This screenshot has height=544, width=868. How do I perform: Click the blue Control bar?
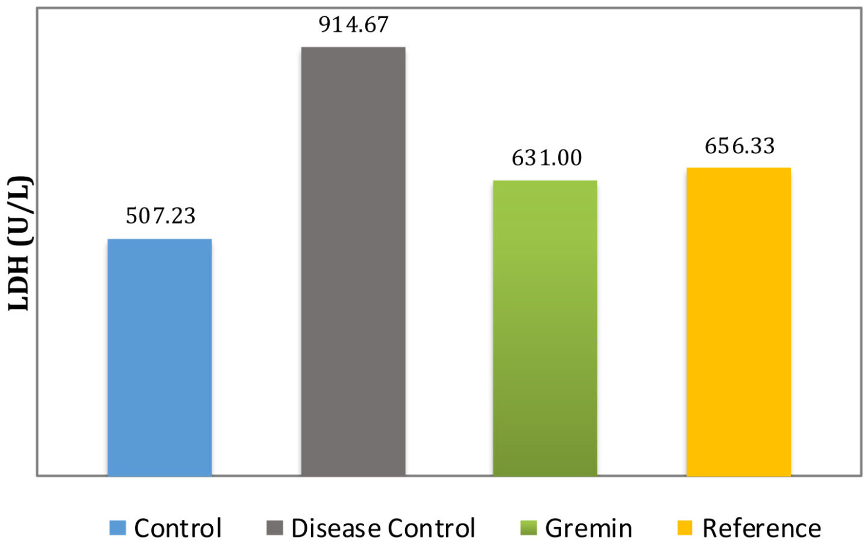(x=160, y=357)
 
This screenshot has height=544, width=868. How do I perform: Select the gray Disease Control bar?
(x=353, y=261)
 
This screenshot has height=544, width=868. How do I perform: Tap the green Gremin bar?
(x=545, y=328)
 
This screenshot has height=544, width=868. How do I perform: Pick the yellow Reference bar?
(x=738, y=321)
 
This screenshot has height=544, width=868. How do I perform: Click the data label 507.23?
(x=160, y=216)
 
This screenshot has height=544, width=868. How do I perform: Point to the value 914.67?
(x=354, y=25)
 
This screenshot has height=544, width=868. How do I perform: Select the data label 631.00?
(x=547, y=158)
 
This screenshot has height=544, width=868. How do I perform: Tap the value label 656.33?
(x=740, y=146)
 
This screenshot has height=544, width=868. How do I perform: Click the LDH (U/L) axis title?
(x=19, y=243)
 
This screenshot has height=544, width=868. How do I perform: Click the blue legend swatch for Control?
(x=118, y=528)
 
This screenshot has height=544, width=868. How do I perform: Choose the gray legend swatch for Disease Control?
(x=274, y=528)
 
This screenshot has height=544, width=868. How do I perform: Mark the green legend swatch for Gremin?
(x=528, y=528)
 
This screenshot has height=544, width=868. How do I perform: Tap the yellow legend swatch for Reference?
(x=685, y=528)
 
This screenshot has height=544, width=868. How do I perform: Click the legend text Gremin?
(x=588, y=528)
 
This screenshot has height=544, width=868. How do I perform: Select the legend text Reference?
(x=761, y=528)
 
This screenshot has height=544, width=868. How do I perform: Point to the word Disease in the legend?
(x=335, y=528)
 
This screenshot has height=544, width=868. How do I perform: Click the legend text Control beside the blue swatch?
(x=178, y=528)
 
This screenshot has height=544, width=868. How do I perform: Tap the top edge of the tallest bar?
(x=353, y=48)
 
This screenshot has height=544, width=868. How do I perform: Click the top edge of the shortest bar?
(x=160, y=239)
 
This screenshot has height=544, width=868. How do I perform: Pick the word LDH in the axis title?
(x=19, y=287)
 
